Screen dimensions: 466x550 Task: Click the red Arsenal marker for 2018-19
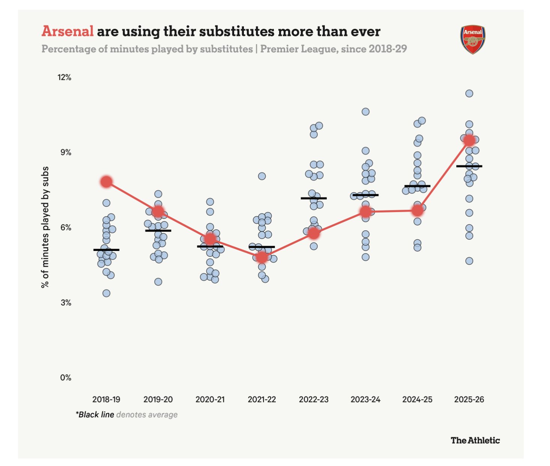click(x=107, y=182)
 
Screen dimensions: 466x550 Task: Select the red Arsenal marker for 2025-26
click(x=469, y=140)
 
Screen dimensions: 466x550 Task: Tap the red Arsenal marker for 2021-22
click(x=262, y=257)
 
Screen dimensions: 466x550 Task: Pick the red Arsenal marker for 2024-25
click(x=418, y=211)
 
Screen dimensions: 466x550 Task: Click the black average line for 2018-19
click(x=107, y=250)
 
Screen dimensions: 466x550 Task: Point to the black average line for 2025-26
click(x=469, y=166)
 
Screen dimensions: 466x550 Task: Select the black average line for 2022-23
click(x=314, y=198)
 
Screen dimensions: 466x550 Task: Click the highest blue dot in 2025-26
click(x=469, y=93)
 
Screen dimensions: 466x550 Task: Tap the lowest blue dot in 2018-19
click(x=107, y=293)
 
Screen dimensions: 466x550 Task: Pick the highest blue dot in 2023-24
click(x=365, y=112)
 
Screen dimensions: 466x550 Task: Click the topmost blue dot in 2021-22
click(x=262, y=176)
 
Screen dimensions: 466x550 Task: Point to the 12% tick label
click(x=64, y=78)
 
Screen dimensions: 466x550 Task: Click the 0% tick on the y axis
click(x=66, y=378)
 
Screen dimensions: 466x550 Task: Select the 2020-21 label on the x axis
click(x=210, y=400)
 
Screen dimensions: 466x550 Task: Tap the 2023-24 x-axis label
click(x=365, y=400)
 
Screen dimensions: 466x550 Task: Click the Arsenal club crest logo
click(x=473, y=39)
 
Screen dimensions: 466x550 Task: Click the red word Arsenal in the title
click(x=68, y=31)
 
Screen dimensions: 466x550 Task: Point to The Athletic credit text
click(x=475, y=441)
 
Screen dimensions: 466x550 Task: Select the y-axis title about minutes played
click(x=45, y=227)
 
